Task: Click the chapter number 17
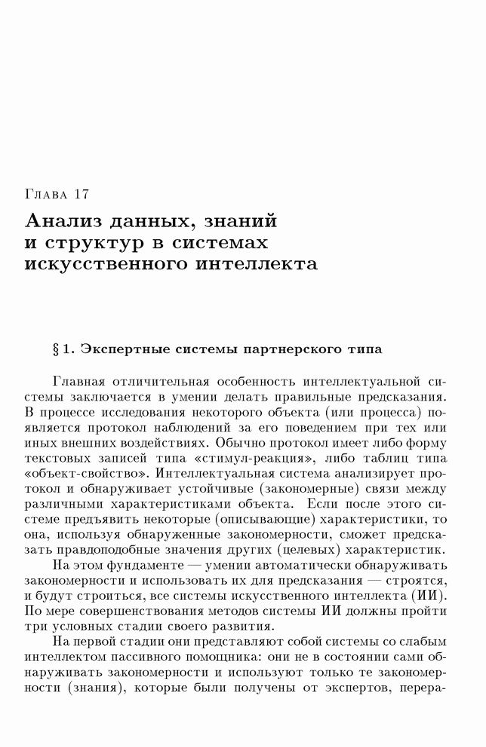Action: (82, 195)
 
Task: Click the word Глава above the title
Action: (47, 195)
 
